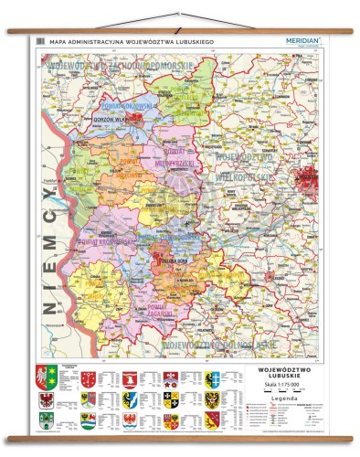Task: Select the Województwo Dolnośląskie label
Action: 219,345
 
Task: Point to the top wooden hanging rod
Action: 180,30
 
